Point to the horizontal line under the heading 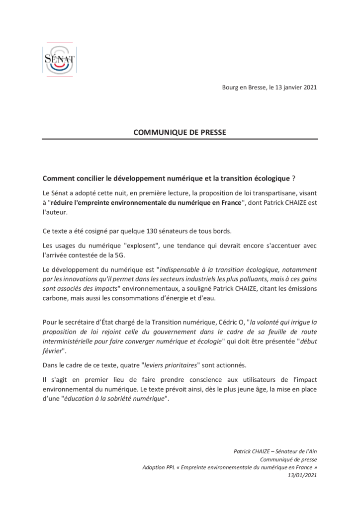[180, 140]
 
